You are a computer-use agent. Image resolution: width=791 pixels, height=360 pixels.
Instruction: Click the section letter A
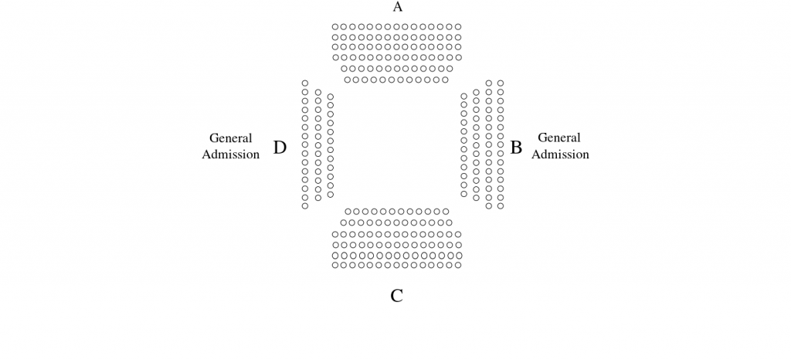398,6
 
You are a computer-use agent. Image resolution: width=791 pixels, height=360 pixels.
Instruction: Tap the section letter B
515,148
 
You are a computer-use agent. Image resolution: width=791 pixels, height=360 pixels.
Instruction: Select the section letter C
396,296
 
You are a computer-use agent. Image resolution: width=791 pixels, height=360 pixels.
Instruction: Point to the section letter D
280,148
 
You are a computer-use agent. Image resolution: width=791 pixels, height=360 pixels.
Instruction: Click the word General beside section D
230,138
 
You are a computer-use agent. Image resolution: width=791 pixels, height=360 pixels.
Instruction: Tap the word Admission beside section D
230,155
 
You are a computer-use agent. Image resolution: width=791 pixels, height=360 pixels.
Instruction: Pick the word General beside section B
559,138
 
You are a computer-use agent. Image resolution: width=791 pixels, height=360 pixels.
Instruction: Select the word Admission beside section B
560,155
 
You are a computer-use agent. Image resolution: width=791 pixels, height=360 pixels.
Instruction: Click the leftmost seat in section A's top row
335,27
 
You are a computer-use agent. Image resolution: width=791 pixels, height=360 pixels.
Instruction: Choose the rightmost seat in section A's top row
458,27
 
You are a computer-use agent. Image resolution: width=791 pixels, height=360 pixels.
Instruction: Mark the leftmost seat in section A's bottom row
347,80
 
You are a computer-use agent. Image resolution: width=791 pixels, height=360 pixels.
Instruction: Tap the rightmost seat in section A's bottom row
445,80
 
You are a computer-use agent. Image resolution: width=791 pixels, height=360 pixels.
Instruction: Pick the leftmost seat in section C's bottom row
335,265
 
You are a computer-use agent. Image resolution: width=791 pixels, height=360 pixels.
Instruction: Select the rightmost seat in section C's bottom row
458,265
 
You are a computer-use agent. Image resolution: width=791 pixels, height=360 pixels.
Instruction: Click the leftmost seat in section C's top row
348,211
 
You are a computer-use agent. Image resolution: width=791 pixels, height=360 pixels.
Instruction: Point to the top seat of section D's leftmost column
304,83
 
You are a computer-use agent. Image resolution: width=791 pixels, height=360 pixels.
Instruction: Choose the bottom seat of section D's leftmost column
304,205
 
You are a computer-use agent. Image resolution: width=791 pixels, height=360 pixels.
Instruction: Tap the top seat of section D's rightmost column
331,97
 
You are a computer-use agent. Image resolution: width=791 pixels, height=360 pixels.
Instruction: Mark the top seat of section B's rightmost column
501,83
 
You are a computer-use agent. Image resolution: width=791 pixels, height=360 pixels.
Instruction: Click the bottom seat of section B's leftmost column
464,194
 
